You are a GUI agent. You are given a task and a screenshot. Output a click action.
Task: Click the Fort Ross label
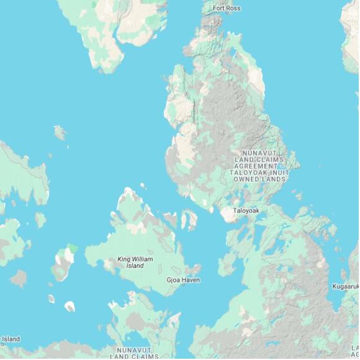click(227, 8)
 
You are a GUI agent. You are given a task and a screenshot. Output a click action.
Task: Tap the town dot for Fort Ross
click(227, 14)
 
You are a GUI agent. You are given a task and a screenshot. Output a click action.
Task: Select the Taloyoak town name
click(246, 211)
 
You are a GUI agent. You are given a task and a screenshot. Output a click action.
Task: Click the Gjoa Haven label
click(183, 280)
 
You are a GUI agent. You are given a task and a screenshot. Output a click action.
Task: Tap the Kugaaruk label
click(346, 286)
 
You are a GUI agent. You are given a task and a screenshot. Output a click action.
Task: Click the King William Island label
click(135, 262)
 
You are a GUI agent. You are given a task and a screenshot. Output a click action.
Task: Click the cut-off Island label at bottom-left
click(10, 339)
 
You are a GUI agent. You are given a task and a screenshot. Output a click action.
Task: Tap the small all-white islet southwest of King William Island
click(70, 305)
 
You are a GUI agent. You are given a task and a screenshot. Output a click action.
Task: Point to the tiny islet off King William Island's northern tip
click(143, 185)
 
